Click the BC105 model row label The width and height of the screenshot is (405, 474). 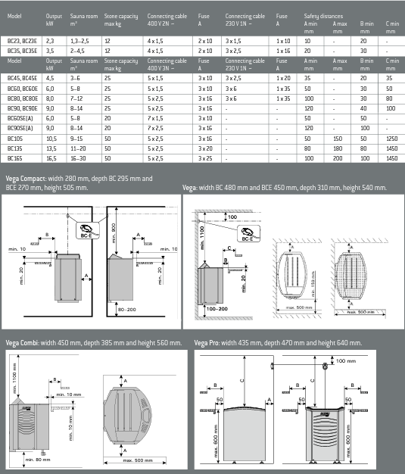click(14, 139)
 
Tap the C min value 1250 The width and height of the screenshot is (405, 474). click(391, 139)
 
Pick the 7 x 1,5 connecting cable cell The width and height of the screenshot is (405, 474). click(155, 119)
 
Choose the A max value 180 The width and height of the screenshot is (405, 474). click(338, 150)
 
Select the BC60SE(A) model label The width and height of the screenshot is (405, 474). click(20, 119)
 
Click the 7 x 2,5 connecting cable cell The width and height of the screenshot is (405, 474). click(155, 129)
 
